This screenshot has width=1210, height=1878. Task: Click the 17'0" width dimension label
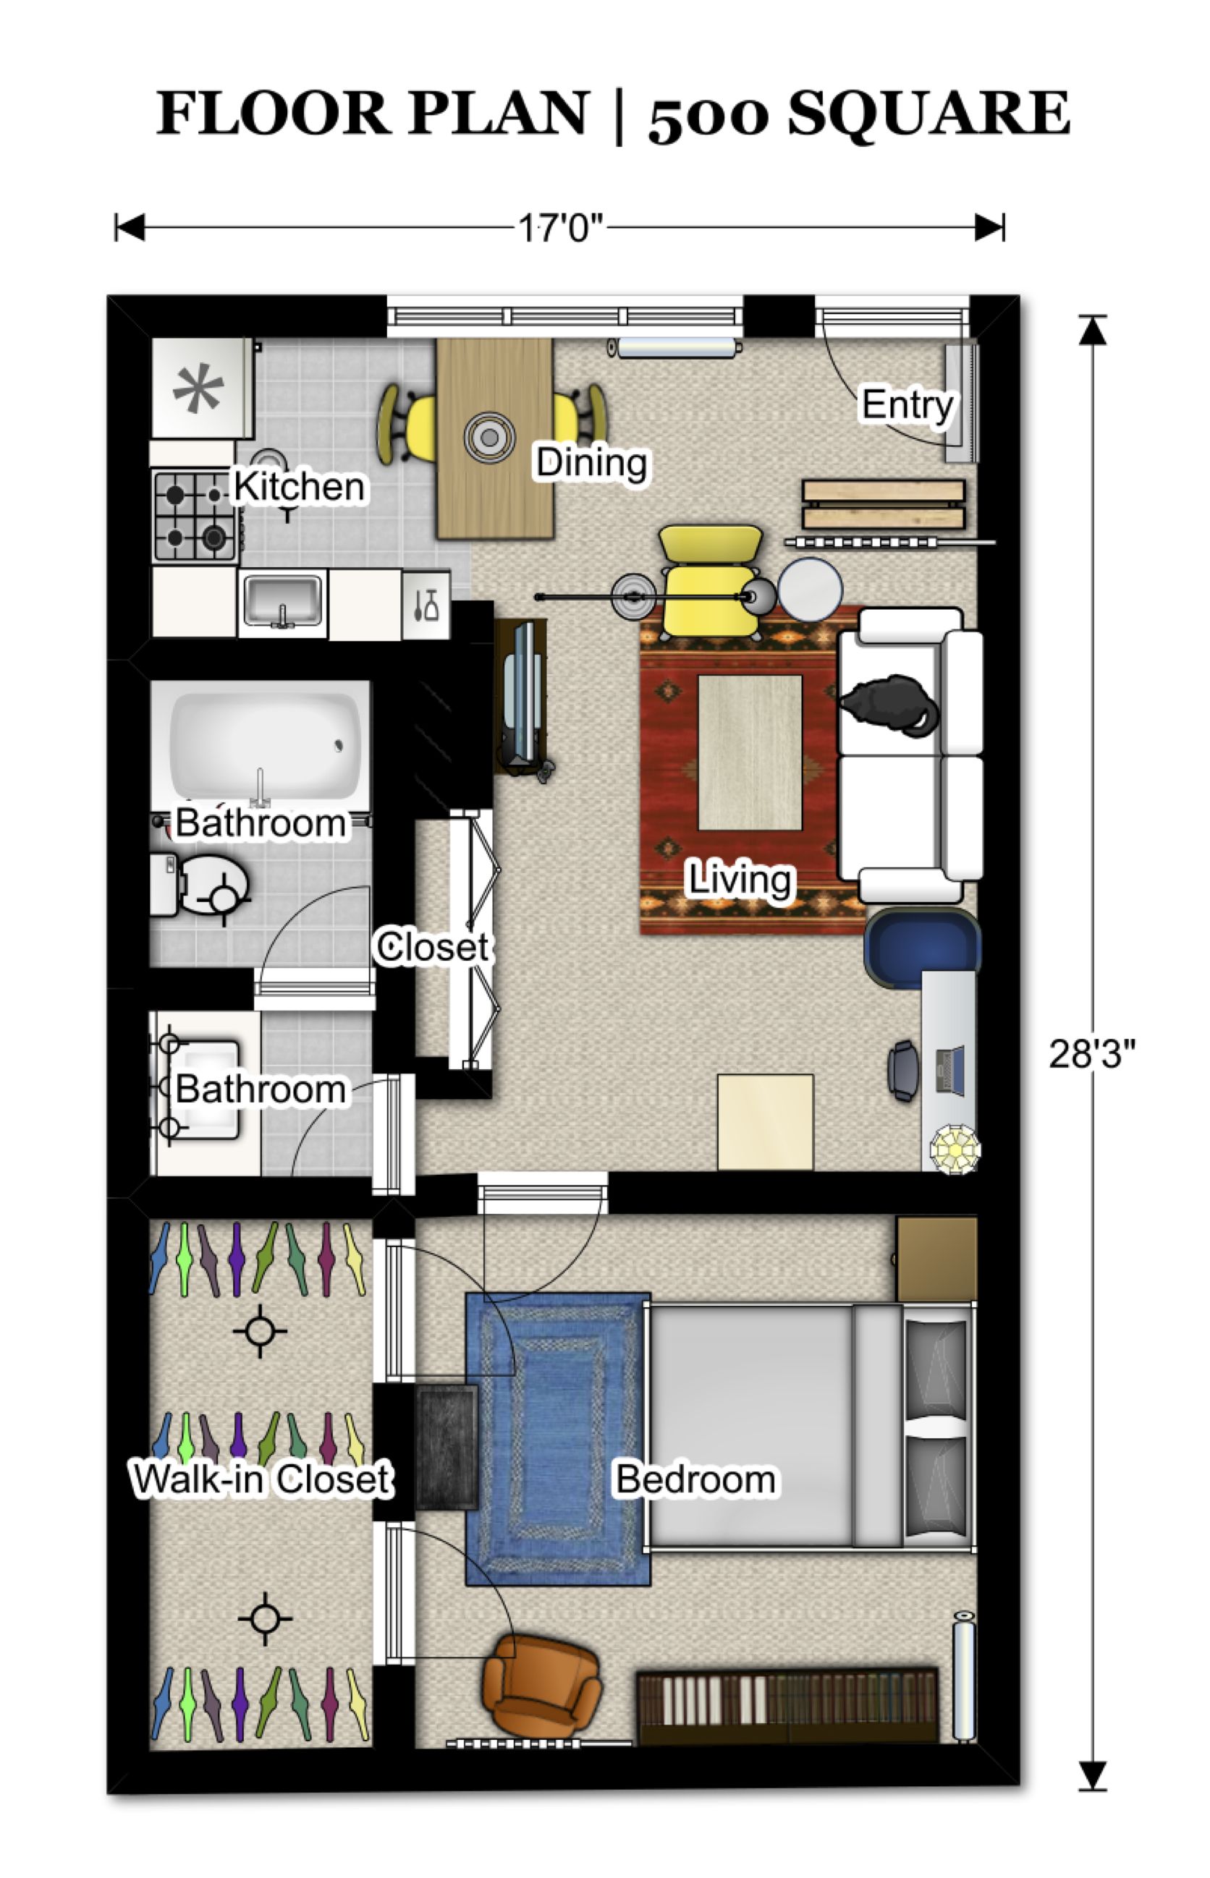coord(560,229)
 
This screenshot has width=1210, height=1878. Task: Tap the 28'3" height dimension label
coord(1091,1054)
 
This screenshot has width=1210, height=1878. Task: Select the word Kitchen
coord(300,487)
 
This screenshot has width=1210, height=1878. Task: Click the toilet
coord(204,886)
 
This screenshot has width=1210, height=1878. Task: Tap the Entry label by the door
coord(907,405)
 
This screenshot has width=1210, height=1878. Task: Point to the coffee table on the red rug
coord(750,752)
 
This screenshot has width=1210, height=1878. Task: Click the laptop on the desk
coord(950,1070)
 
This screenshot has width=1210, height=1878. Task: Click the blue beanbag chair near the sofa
coord(920,946)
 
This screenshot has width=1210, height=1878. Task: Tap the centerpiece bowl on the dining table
coord(489,438)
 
